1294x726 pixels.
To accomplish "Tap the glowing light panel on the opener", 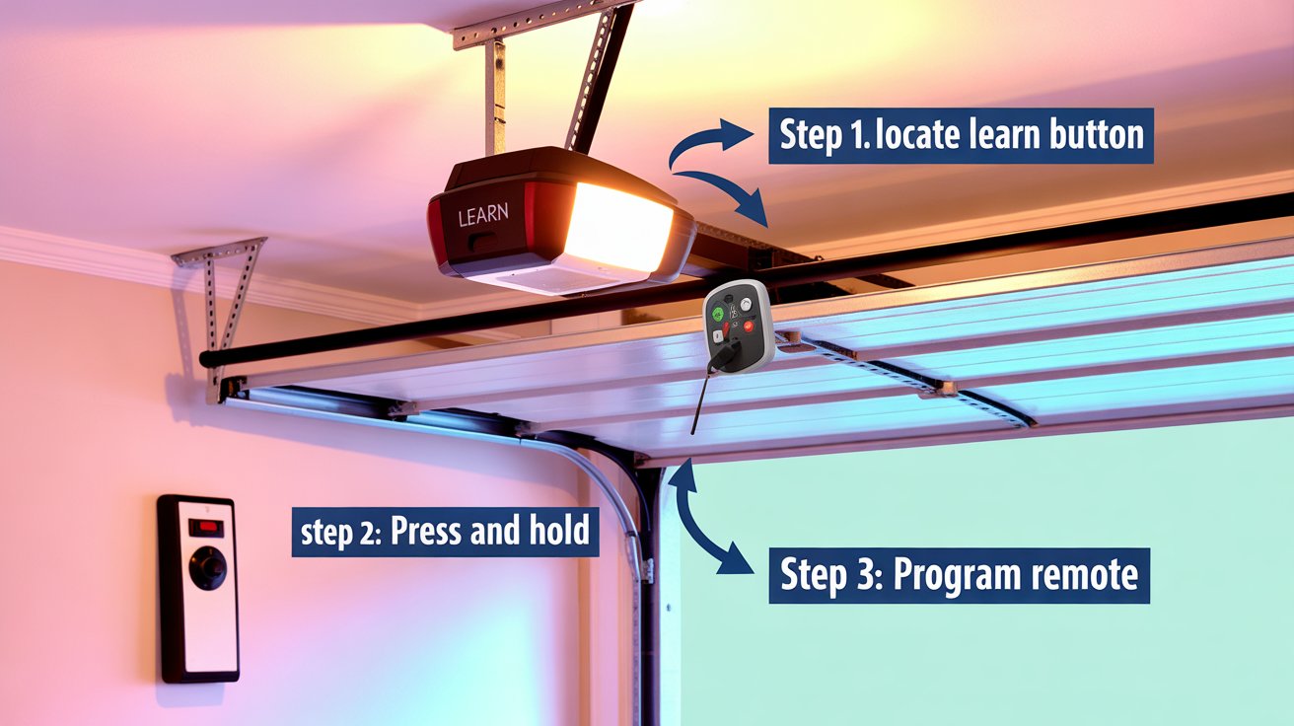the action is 618,227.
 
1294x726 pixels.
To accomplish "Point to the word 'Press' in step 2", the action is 426,531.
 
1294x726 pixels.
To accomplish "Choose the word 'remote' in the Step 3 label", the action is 1084,576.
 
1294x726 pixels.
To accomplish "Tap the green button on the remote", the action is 718,315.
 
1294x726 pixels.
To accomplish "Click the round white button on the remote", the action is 746,304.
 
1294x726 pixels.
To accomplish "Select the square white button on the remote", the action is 717,336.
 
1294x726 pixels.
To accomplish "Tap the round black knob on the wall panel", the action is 207,568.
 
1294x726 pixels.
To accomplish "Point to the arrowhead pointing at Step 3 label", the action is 735,561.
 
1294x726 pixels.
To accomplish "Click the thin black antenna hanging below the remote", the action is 699,400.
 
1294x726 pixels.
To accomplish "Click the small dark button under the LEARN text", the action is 484,241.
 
